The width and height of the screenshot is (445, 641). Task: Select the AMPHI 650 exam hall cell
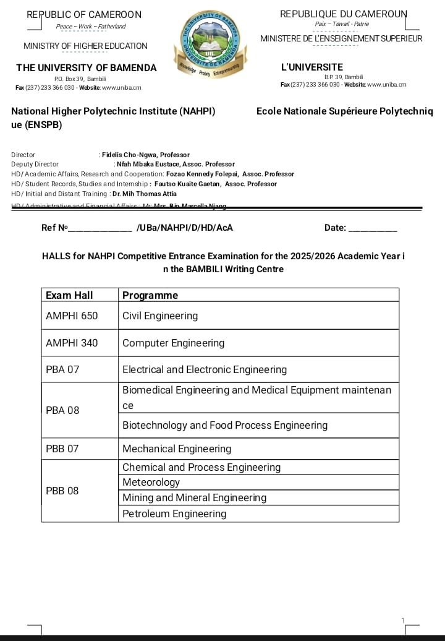[72, 316]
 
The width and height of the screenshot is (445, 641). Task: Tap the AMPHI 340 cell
[72, 343]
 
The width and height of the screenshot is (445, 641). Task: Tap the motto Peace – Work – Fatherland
[90, 27]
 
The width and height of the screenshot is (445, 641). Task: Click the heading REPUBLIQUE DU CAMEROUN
[344, 14]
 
